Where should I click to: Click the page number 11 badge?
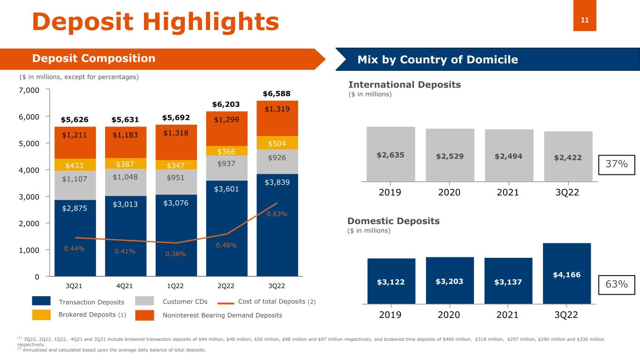[x=585, y=20]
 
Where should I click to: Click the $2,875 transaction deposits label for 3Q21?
[x=75, y=209]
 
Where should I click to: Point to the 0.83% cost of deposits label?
[x=277, y=214]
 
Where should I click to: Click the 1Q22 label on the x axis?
[x=176, y=286]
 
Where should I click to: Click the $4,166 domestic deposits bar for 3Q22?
[x=566, y=273]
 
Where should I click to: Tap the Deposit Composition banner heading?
[x=93, y=59]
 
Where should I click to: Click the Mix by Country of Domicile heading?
[x=437, y=60]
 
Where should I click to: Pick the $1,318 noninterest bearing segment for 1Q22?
[x=176, y=133]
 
